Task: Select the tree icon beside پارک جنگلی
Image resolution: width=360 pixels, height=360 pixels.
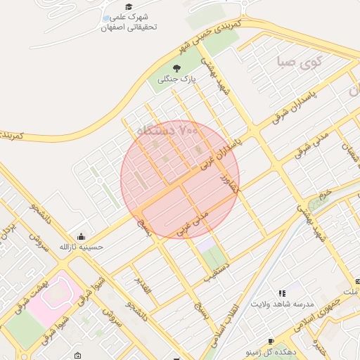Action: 176,69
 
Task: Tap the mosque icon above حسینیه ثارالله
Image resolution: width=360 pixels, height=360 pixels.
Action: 82,236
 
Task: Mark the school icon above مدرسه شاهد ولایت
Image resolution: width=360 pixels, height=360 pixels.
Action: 282,293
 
